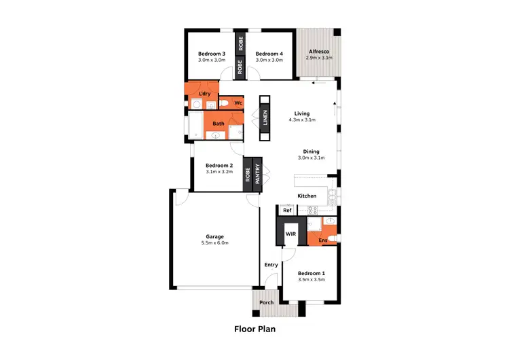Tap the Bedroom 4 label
[268, 53]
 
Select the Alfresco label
[319, 52]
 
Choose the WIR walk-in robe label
[290, 234]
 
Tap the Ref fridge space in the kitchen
[287, 211]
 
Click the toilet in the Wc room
[224, 104]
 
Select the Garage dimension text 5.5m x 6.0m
[214, 242]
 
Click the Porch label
[267, 303]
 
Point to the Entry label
[271, 265]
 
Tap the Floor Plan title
[254, 329]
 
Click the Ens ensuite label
[323, 240]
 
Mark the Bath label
[219, 124]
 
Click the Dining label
[311, 151]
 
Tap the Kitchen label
[307, 196]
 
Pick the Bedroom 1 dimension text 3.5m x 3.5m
[312, 279]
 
